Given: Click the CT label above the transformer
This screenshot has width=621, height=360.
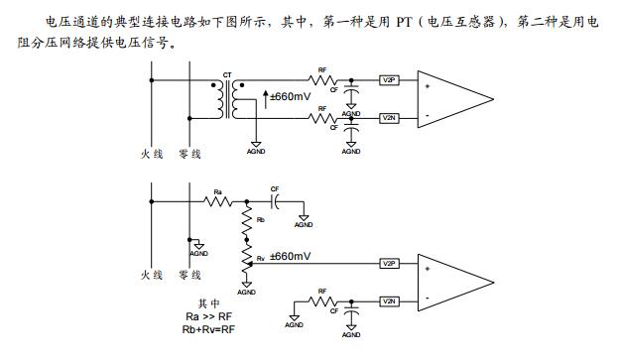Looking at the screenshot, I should tap(227, 74).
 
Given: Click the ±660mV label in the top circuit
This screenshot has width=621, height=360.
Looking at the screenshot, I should tap(292, 96).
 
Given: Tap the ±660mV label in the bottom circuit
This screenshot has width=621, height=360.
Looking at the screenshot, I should tap(290, 256).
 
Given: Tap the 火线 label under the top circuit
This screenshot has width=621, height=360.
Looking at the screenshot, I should tap(152, 154).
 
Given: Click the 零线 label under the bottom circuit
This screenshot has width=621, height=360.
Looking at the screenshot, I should tap(188, 275).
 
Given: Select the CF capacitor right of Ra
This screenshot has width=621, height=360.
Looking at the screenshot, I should tap(276, 200).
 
